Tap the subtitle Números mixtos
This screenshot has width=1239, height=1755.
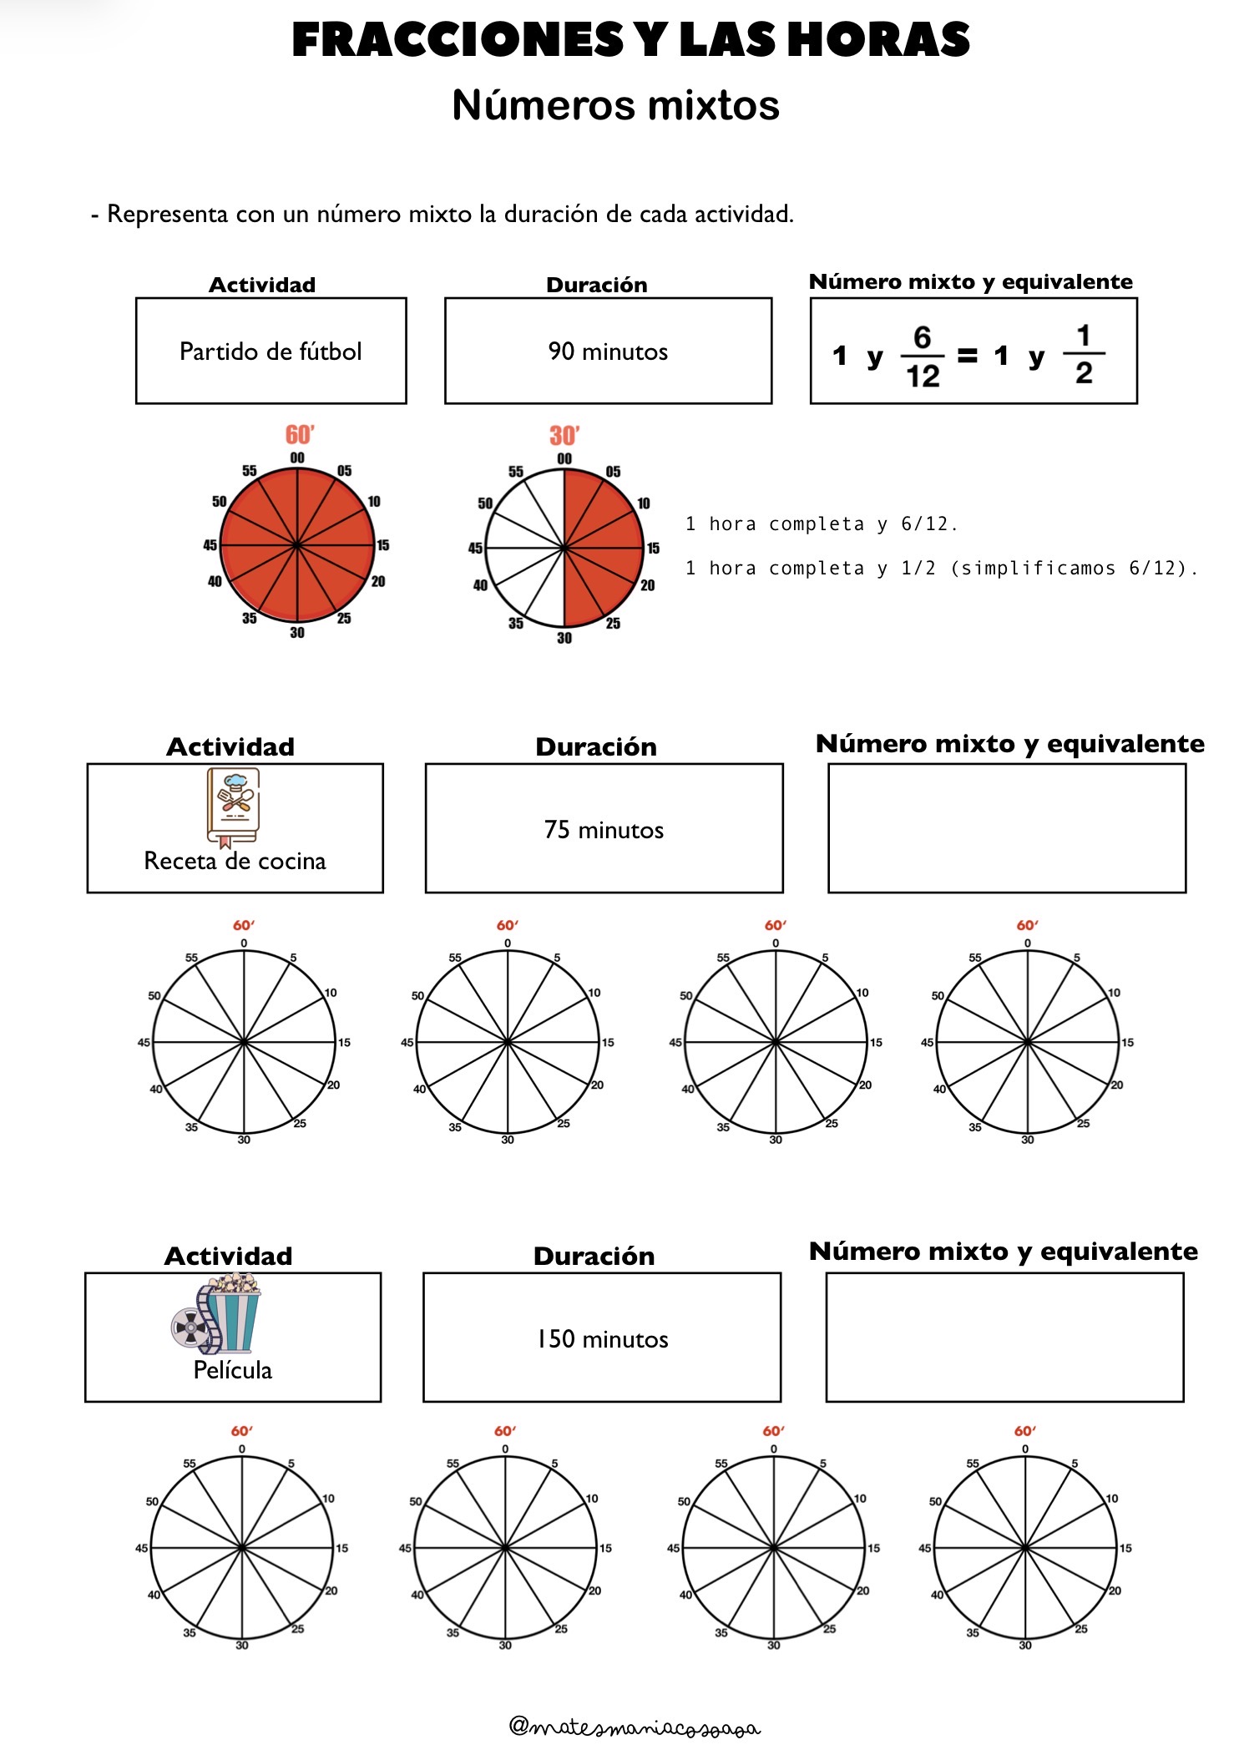click(615, 105)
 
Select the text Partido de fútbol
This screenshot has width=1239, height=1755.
click(271, 352)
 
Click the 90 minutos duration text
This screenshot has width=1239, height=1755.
click(608, 352)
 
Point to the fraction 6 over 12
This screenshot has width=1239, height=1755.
click(922, 357)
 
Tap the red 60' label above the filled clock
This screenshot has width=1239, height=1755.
click(299, 435)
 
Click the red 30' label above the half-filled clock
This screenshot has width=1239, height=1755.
click(564, 436)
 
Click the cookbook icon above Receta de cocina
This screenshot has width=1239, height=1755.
click(234, 806)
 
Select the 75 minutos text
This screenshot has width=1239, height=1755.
click(604, 830)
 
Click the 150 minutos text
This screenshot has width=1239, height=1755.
click(602, 1339)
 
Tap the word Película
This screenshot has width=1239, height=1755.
click(232, 1370)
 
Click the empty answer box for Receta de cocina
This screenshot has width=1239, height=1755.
click(1006, 828)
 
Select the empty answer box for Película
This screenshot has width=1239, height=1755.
click(1004, 1338)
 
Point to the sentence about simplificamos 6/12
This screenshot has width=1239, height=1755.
click(941, 569)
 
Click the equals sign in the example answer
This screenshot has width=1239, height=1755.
click(967, 357)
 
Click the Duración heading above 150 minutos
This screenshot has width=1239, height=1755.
click(594, 1256)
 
